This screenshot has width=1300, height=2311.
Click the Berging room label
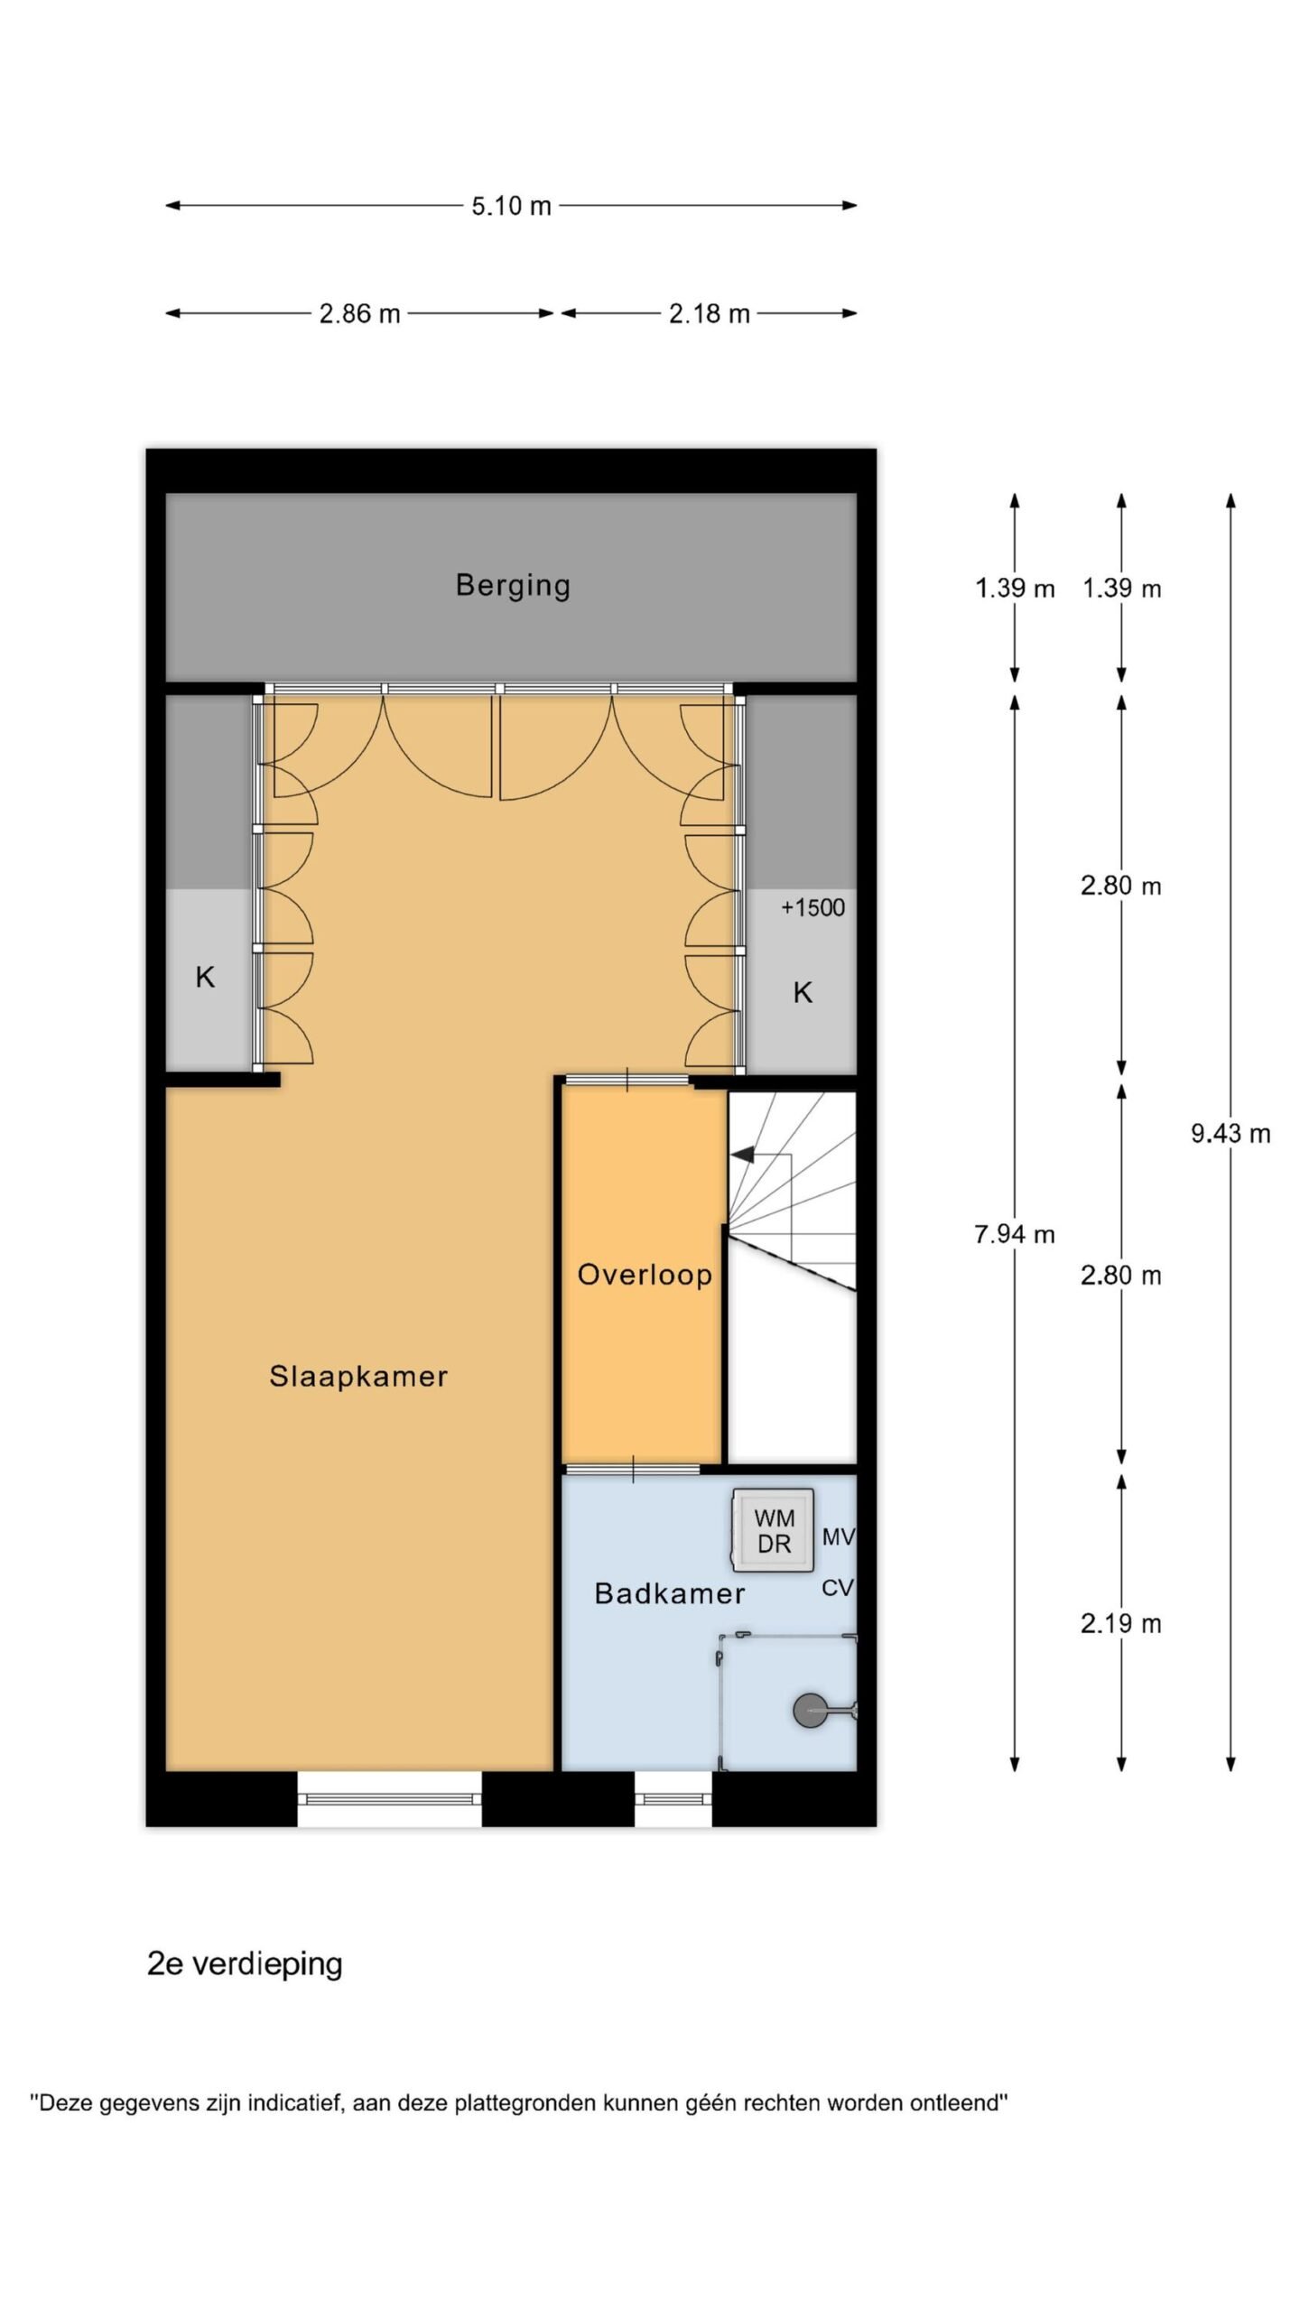513,586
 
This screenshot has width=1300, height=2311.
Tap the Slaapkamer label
358,1377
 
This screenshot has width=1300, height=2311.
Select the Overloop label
645,1275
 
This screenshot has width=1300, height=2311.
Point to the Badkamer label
670,1593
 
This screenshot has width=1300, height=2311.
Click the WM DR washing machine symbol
774,1531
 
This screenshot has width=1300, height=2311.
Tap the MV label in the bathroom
838,1536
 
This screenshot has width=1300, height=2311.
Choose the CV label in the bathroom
837,1588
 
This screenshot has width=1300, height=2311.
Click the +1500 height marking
812,907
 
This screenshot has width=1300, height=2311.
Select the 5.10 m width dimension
511,206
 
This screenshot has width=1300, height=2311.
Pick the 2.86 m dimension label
359,313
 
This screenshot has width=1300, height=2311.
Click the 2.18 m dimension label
709,313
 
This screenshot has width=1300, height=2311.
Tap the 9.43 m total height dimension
1230,1133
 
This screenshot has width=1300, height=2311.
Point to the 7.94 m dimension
1015,1233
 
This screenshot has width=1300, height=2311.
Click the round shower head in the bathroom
809,1711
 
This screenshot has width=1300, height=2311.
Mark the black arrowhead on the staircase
742,1155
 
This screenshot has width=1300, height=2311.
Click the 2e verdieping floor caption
245,1964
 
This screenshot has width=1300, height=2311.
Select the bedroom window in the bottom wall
389,1798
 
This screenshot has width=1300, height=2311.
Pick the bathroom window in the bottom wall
673,1798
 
